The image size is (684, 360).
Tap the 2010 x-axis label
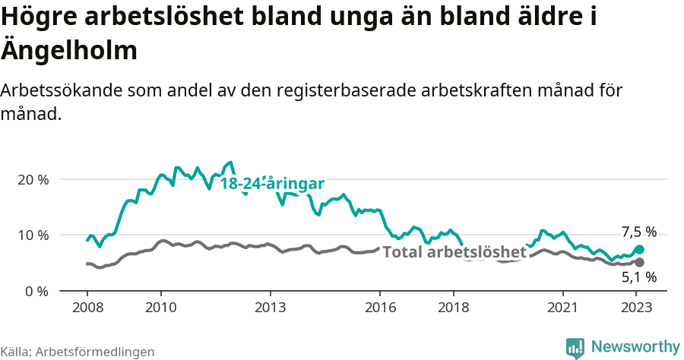point(160,308)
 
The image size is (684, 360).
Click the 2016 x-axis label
point(380,308)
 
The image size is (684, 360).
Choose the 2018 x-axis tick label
point(454,308)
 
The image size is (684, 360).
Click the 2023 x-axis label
point(637,308)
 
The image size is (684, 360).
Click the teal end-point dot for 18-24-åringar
point(639,249)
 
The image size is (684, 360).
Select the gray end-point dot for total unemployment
point(639,262)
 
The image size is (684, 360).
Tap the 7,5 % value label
point(638,232)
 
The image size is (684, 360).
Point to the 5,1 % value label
point(638,278)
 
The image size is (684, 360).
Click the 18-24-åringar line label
point(272,184)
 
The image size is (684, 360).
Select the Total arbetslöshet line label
point(454,252)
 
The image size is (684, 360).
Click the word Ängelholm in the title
point(69,51)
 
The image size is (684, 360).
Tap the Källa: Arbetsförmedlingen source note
point(78,352)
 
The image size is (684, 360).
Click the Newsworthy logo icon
point(575,348)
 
